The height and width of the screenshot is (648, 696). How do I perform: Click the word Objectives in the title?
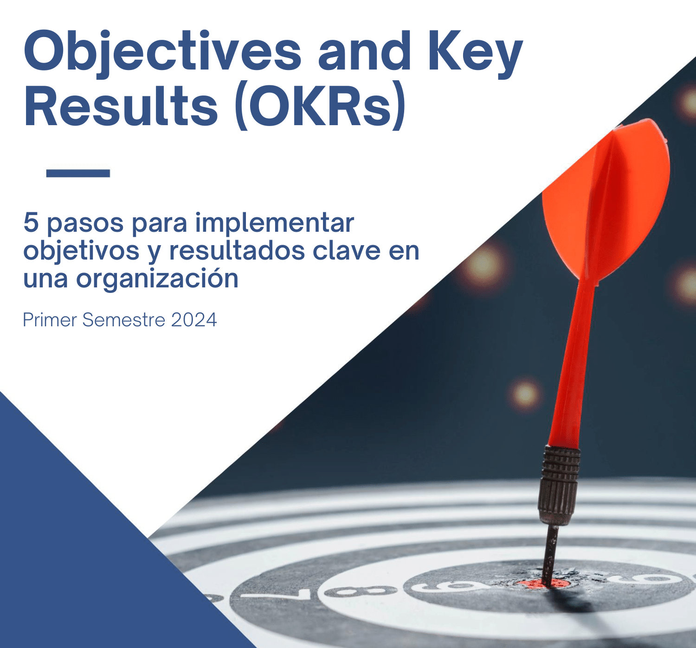(162, 52)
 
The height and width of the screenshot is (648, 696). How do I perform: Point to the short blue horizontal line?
(78, 173)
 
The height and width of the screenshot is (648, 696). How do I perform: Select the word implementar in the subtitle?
(274, 223)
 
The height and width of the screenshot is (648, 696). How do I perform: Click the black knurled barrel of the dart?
(559, 484)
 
